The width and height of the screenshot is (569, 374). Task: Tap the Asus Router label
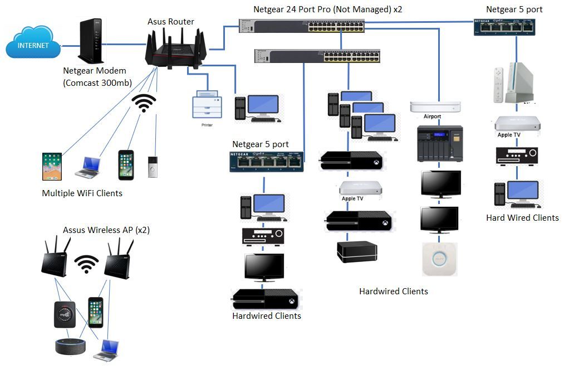[x=171, y=22]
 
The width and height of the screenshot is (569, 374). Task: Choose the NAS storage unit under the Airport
[x=440, y=143]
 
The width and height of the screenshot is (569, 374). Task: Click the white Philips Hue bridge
[x=440, y=259]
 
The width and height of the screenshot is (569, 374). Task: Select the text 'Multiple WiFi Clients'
[x=82, y=193]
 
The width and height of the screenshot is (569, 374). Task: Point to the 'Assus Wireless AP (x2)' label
[x=106, y=230]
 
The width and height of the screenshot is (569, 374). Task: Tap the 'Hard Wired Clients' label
[x=522, y=218]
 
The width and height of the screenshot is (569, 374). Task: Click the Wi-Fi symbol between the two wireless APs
[x=87, y=264]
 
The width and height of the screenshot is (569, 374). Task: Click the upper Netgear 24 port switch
[x=302, y=26]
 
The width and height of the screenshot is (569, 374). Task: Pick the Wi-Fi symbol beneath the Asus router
[x=144, y=103]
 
